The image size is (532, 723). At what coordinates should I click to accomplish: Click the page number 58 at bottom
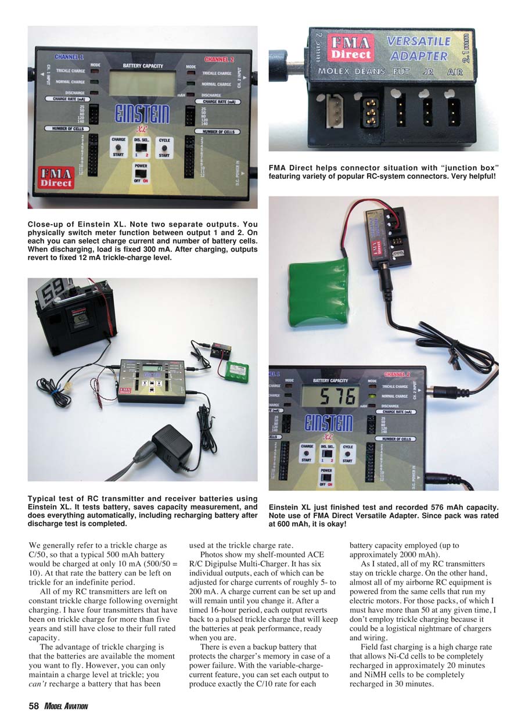[34, 706]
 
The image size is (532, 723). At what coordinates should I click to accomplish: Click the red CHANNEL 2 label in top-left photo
[218, 59]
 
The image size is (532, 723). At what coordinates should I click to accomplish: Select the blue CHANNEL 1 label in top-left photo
[69, 57]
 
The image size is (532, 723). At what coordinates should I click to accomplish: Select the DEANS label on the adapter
[370, 72]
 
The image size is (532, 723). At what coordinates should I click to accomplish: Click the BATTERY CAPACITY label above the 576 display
[330, 381]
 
